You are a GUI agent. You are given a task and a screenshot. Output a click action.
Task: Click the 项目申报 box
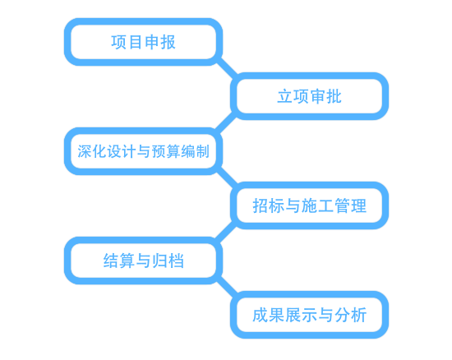pos(143,42)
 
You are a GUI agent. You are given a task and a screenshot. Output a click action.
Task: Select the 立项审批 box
pos(309,96)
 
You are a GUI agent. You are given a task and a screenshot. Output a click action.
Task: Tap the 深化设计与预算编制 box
pos(143,151)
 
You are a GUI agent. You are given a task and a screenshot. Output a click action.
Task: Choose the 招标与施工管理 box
pos(309,205)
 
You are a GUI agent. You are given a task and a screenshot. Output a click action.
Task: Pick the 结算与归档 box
pos(143,261)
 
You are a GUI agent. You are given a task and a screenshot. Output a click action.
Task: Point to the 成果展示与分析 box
pos(309,315)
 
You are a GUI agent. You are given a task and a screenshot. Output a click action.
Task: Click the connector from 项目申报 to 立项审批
pos(227,68)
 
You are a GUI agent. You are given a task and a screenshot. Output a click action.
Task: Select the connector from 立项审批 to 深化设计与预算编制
pos(225,123)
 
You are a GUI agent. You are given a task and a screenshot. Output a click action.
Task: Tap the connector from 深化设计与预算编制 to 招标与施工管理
pos(227,178)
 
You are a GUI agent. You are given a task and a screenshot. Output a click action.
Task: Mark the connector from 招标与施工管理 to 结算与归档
pos(225,233)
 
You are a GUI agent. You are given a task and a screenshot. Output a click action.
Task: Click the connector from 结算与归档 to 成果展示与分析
pos(227,287)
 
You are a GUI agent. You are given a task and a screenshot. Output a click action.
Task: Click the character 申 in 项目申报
pos(152,42)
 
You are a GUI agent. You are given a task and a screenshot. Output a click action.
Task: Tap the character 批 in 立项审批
pos(334,96)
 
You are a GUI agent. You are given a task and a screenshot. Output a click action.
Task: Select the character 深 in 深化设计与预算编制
pos(85,151)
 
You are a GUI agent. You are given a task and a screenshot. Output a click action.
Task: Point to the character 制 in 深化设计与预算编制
pos(202,151)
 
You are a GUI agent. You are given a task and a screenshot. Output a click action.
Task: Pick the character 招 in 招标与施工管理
pos(261,205)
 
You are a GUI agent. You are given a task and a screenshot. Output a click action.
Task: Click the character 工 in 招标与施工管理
pos(325,205)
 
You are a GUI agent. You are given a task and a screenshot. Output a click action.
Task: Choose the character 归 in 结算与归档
pos(159,261)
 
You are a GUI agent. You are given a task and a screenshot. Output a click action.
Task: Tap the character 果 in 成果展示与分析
pos(277,315)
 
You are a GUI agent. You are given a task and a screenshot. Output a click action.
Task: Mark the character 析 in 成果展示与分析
pos(358,315)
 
